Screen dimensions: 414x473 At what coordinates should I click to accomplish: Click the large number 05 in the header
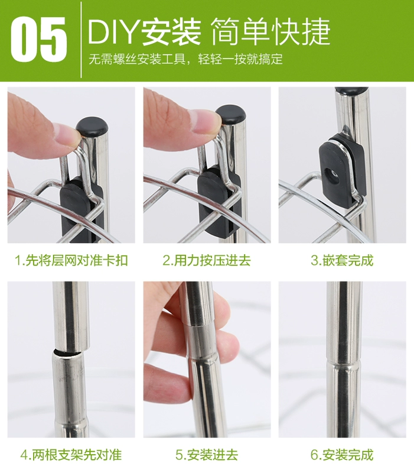[x=38, y=40]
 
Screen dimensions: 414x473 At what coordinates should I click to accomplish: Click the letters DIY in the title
[x=113, y=32]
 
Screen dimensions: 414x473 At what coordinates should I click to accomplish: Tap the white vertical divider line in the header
[x=81, y=40]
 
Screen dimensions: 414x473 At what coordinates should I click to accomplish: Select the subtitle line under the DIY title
[x=185, y=59]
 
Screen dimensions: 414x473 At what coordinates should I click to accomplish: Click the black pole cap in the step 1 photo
[x=92, y=127]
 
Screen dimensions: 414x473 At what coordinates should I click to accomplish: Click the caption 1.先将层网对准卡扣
[x=71, y=261]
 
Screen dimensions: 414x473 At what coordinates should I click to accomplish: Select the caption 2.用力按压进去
[x=207, y=261]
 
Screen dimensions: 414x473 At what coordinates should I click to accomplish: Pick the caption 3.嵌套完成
[x=342, y=261]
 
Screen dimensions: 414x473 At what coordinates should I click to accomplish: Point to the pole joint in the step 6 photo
[x=345, y=359]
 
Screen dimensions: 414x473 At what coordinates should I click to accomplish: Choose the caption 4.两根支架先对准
[x=71, y=455]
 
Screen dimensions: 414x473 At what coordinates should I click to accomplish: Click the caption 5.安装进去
[x=207, y=455]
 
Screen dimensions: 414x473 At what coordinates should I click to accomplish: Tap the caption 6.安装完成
[x=342, y=455]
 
